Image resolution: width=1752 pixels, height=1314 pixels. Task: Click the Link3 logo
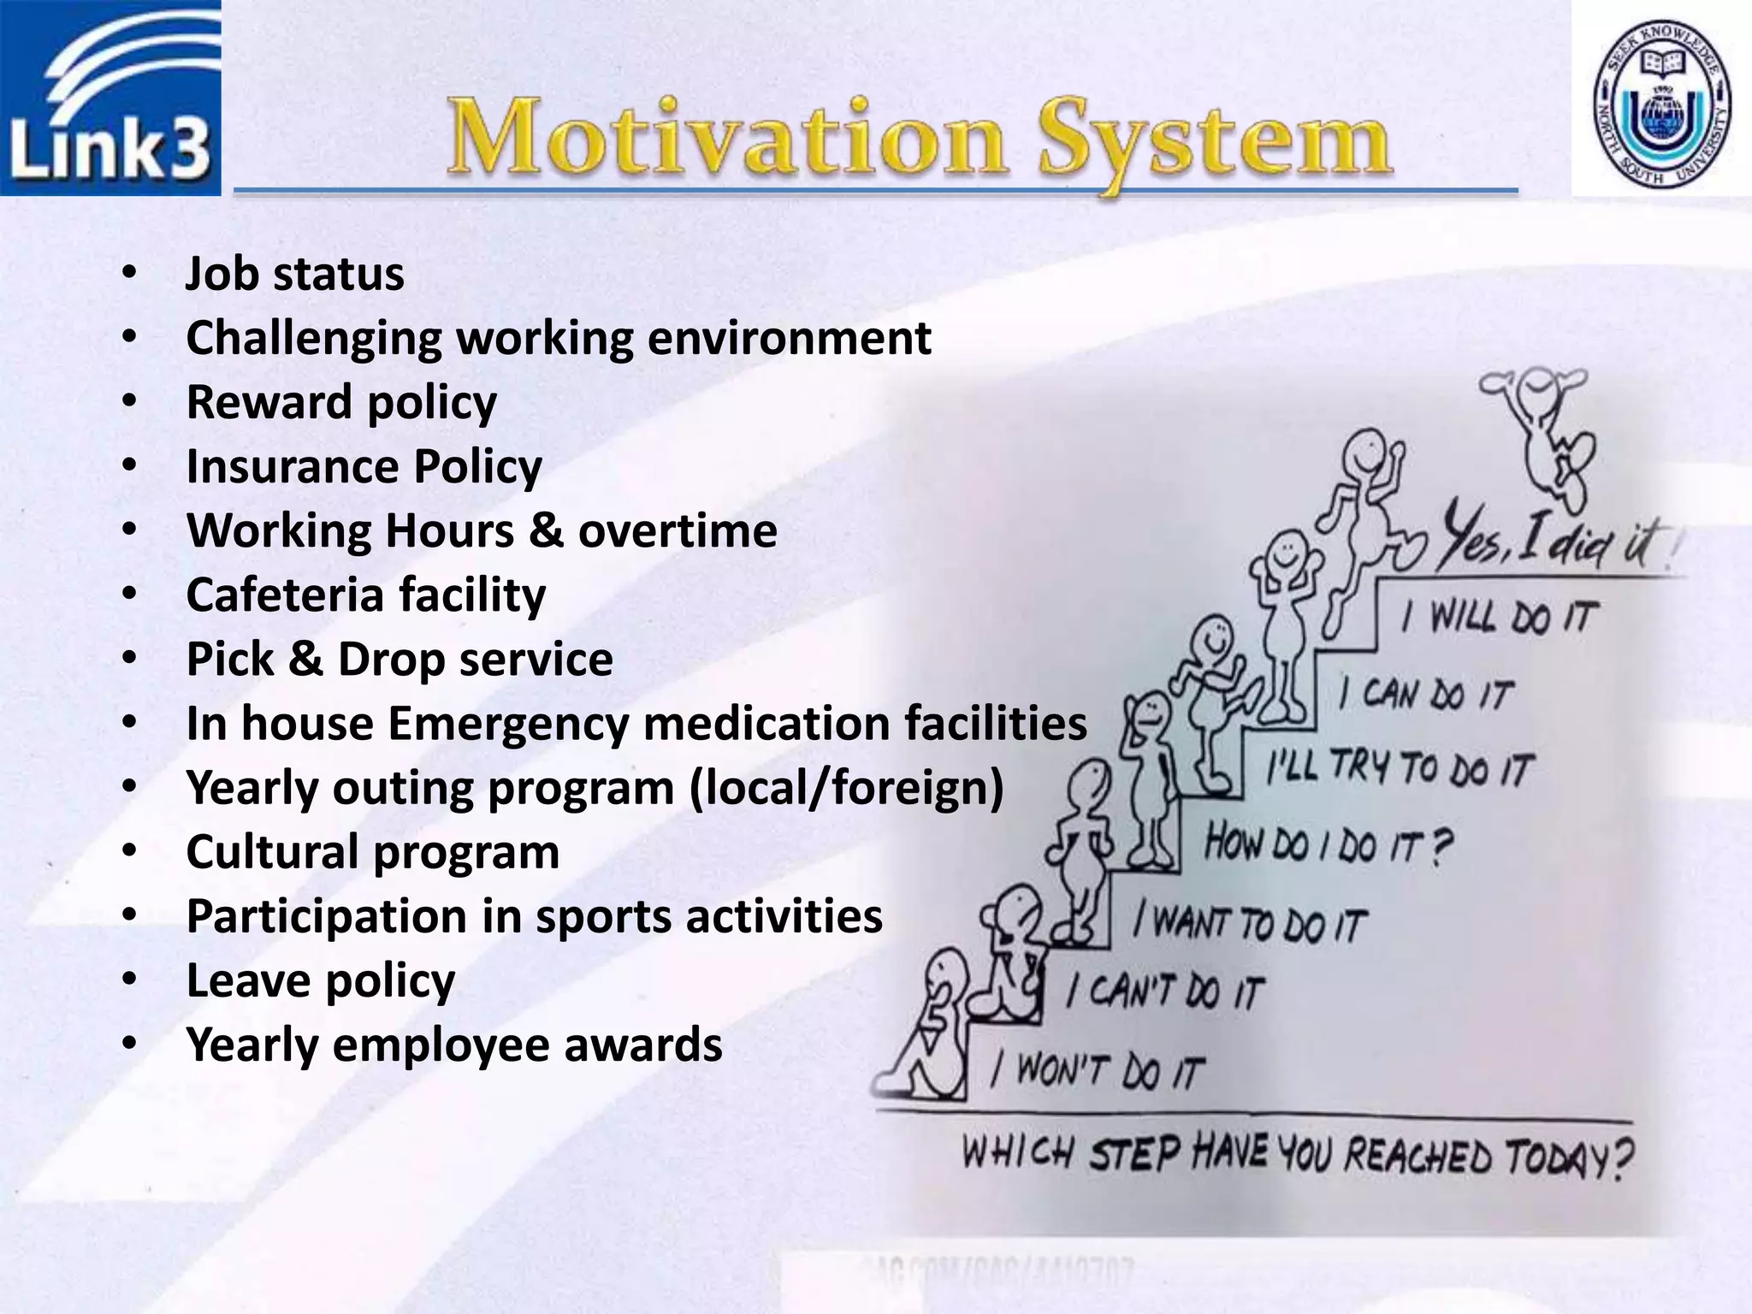click(110, 98)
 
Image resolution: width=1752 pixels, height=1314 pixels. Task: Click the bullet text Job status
click(295, 275)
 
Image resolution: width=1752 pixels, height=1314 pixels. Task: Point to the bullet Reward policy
click(341, 403)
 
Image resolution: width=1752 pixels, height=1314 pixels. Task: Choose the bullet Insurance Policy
click(364, 467)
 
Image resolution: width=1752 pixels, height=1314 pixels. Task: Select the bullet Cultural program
click(373, 853)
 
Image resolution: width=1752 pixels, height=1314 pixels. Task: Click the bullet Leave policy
click(321, 981)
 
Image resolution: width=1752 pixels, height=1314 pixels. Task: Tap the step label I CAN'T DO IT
click(1164, 992)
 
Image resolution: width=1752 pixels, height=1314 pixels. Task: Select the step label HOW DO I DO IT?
click(1329, 845)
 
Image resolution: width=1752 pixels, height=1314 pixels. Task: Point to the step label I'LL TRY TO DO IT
click(1400, 767)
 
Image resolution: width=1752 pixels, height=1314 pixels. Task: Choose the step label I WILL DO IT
click(1498, 617)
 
